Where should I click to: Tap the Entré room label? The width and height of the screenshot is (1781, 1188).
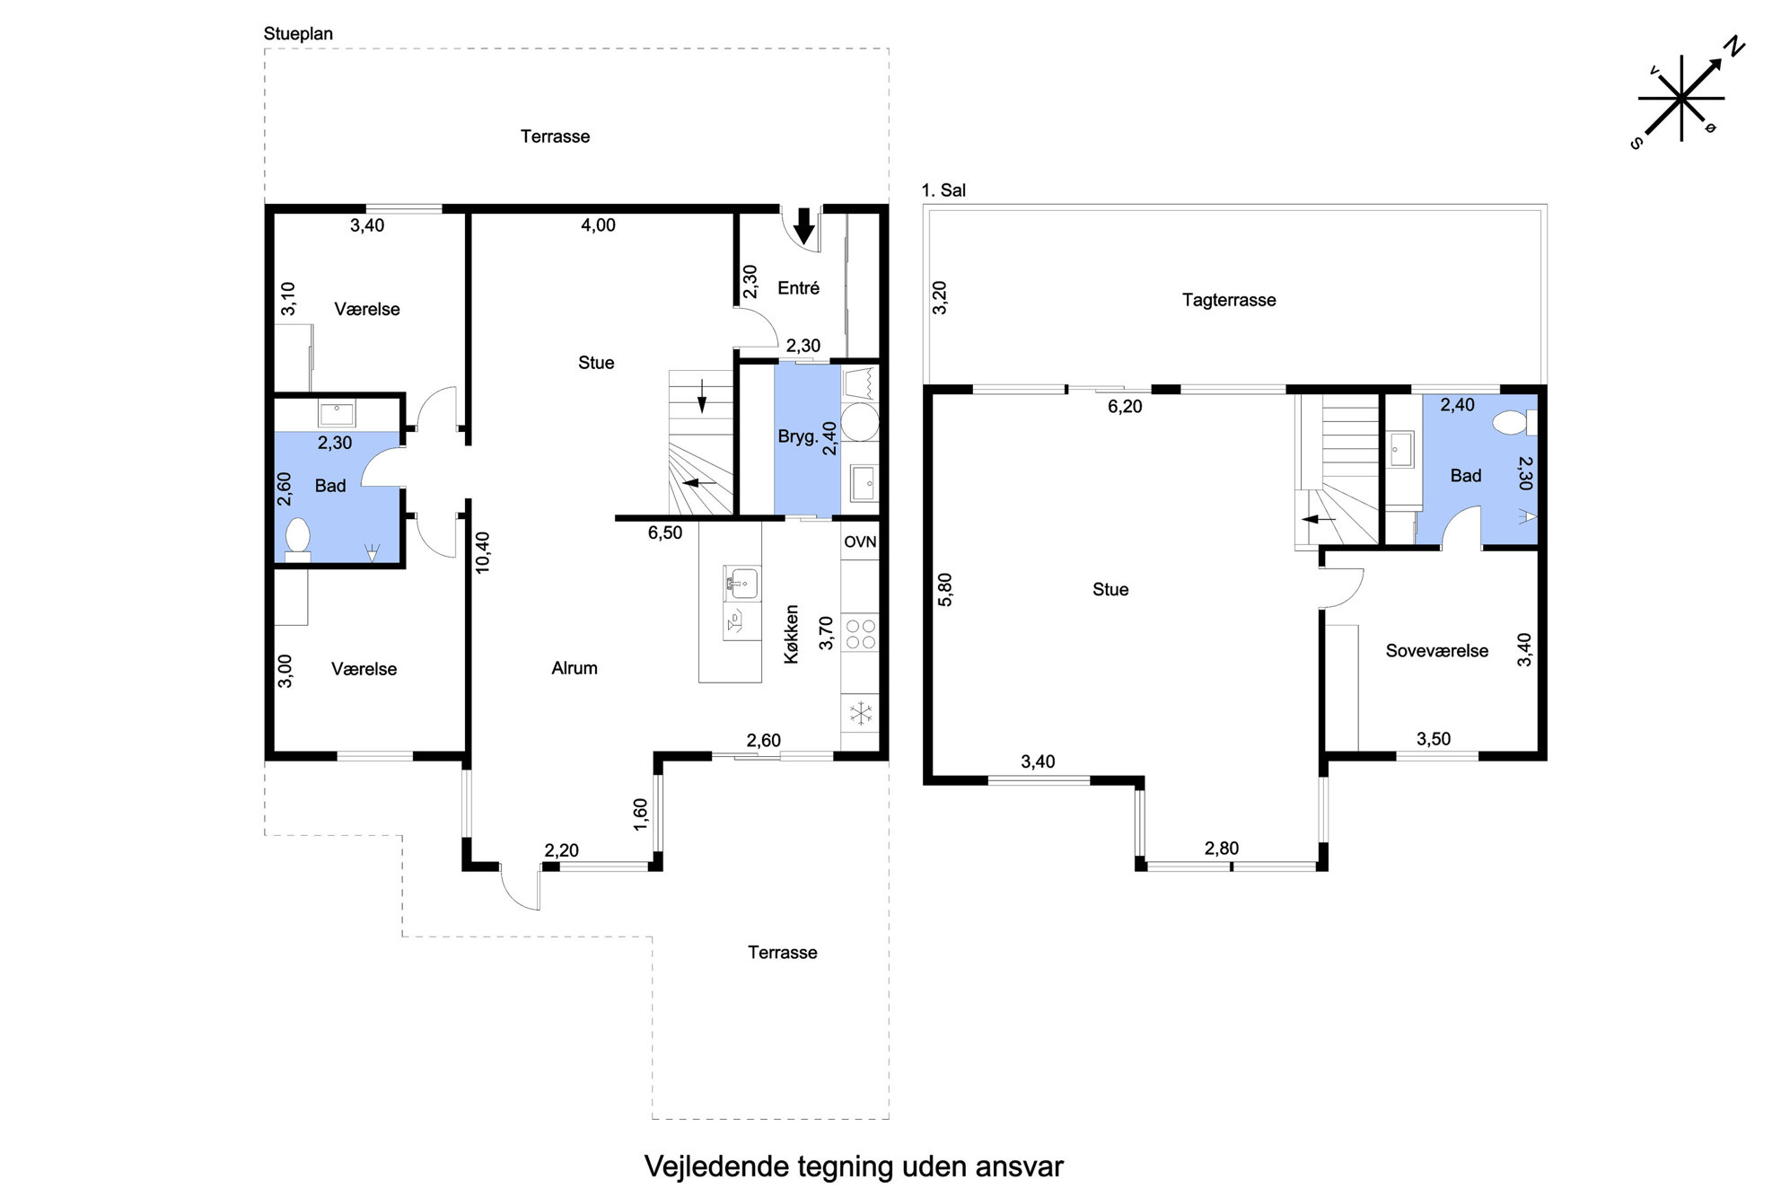point(798,288)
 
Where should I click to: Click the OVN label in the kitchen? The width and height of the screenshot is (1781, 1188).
point(860,541)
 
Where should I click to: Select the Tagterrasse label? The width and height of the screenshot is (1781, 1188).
point(1228,300)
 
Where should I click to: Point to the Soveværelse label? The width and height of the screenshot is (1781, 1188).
point(1436,651)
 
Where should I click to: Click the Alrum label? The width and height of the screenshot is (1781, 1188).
point(575,668)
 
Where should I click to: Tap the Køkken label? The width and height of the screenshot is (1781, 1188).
point(791,634)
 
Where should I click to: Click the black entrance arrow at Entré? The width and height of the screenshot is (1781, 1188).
point(804,226)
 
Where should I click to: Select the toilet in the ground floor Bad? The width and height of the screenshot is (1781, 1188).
point(297,540)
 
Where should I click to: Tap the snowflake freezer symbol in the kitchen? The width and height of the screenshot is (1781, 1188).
point(861,714)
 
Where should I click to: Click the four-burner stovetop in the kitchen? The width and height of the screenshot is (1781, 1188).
point(861,633)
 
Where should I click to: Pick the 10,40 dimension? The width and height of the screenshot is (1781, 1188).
point(483,552)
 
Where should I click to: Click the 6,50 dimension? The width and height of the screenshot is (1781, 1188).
point(665,532)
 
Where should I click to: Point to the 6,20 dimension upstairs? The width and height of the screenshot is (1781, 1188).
point(1125,407)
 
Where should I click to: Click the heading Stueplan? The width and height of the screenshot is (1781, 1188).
point(298,34)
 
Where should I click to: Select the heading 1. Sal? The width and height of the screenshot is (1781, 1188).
point(943,190)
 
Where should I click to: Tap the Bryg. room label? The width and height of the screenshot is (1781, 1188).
point(798,437)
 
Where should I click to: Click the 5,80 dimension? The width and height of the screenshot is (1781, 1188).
point(945,590)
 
